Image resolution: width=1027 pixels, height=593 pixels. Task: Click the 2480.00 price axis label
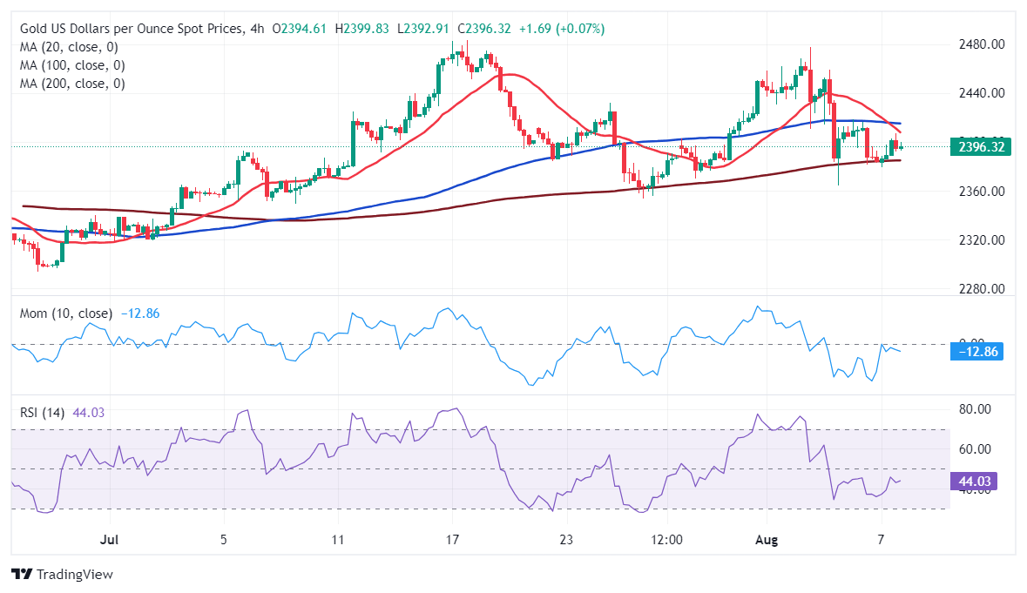[x=981, y=44]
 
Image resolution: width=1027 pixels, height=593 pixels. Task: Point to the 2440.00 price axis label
[x=981, y=93]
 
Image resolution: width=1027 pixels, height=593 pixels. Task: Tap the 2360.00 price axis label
[x=981, y=192]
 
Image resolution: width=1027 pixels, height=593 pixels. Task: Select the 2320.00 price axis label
[x=981, y=240]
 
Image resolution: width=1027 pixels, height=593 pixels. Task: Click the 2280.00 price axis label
[x=981, y=289]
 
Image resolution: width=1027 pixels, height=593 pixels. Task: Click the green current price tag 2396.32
[x=982, y=147]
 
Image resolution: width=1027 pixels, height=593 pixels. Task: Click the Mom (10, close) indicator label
[x=65, y=313]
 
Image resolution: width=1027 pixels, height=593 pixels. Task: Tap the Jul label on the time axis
[x=109, y=540]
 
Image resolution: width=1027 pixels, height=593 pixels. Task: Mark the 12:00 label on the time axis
[x=666, y=540]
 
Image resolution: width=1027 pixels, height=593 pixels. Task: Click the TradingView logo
[x=63, y=575]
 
